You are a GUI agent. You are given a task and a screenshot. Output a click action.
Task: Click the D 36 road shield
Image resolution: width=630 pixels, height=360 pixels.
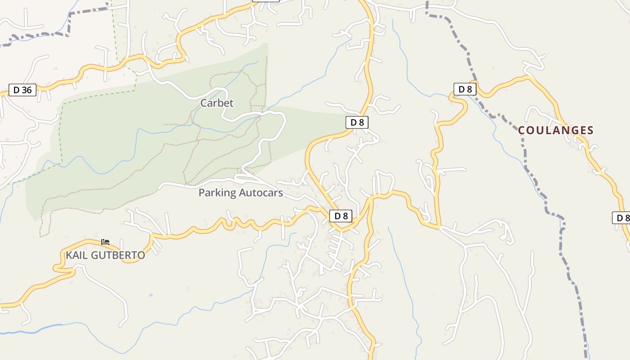point(22,90)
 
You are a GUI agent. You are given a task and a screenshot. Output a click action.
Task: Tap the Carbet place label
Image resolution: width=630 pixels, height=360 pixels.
point(217,103)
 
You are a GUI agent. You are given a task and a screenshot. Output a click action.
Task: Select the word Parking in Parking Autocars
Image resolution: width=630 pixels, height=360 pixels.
point(217,193)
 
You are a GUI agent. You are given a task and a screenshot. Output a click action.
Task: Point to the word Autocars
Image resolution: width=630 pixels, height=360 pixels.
point(261,193)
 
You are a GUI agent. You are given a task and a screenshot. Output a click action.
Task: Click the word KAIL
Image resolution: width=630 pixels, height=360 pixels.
point(77,255)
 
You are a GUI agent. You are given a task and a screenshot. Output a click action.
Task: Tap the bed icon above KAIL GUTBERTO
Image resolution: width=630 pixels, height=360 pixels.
point(105,242)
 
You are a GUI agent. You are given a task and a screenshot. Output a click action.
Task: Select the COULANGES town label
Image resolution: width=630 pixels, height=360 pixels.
point(556,130)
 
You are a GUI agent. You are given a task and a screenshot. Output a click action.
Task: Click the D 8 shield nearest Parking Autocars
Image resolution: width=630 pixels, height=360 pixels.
point(341,216)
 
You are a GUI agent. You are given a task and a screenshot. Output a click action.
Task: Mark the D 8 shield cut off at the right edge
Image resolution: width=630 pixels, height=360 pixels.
point(622,218)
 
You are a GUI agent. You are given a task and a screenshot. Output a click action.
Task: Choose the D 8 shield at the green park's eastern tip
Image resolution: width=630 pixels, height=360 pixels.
point(357,122)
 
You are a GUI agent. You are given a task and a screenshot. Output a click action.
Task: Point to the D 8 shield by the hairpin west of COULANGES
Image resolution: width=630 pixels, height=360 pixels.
point(465,89)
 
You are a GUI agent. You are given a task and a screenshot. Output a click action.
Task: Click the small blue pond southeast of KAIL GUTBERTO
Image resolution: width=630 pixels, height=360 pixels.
point(150,295)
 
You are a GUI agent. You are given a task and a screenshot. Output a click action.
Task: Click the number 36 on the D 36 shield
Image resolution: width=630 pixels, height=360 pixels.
point(27,90)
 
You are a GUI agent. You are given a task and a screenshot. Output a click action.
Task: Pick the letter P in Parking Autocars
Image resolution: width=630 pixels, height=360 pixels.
point(202,193)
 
